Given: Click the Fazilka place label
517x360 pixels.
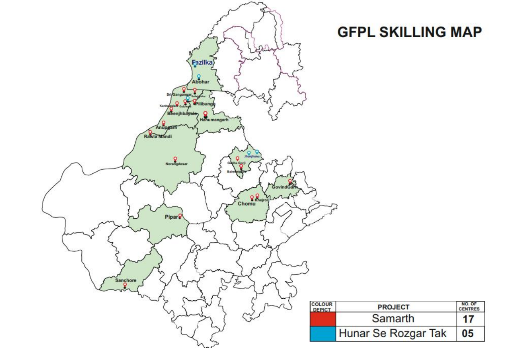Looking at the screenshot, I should pyautogui.click(x=203, y=62).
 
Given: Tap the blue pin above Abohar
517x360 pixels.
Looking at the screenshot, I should pyautogui.click(x=199, y=76).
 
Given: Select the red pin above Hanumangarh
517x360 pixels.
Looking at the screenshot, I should pyautogui.click(x=205, y=114).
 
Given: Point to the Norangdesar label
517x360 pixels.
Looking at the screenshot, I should pyautogui.click(x=176, y=164).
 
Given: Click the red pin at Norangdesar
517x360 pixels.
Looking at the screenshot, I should pyautogui.click(x=175, y=159).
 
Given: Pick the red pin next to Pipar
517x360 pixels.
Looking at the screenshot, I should pyautogui.click(x=180, y=215).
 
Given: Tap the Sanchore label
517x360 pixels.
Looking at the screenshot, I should pyautogui.click(x=125, y=280).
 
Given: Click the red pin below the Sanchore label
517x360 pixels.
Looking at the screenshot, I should pyautogui.click(x=125, y=285).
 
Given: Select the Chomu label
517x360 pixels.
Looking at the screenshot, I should pyautogui.click(x=246, y=203).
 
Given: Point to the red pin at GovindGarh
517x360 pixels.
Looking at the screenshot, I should pyautogui.click(x=290, y=181).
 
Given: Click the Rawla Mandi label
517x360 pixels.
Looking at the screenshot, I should pyautogui.click(x=158, y=136).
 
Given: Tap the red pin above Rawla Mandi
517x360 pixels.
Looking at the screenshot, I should pyautogui.click(x=150, y=132).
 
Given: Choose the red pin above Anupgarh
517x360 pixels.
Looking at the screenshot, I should pyautogui.click(x=164, y=123).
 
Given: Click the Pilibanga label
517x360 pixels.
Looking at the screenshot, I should pyautogui.click(x=205, y=104).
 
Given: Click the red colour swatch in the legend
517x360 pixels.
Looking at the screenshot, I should pyautogui.click(x=323, y=319).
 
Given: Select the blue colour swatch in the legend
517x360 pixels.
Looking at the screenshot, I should pyautogui.click(x=323, y=334).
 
